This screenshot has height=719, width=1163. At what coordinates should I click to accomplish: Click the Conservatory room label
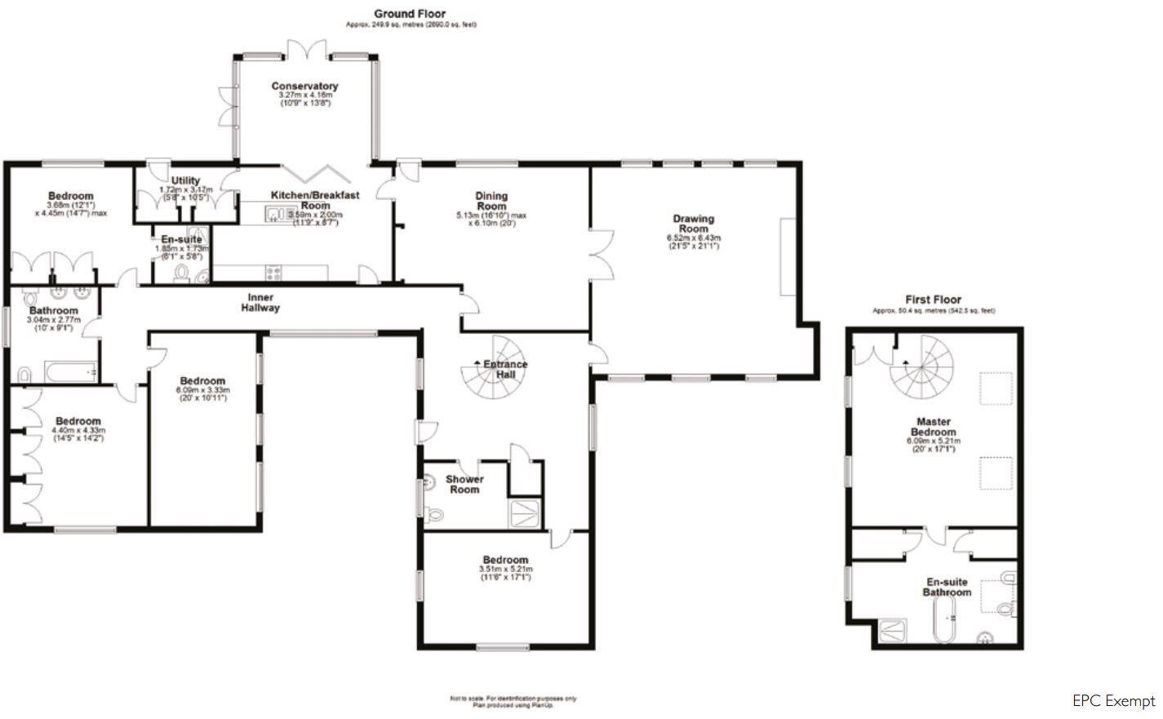304,86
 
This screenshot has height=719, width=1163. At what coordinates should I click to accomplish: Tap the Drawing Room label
693,223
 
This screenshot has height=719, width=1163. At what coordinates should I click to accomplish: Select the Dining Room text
491,201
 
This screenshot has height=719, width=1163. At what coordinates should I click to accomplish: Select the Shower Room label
464,484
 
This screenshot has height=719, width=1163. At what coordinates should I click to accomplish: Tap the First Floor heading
933,300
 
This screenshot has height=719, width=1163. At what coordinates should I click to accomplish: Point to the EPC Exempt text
1113,701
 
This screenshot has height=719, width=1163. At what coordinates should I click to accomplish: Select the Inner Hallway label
260,303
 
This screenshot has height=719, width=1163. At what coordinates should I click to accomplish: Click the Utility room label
185,180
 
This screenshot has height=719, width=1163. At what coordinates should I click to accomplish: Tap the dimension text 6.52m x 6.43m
693,238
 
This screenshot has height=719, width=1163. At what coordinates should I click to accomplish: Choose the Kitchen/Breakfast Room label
315,201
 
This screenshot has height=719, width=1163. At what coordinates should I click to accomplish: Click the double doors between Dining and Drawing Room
601,256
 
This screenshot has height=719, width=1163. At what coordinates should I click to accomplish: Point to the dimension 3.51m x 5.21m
506,569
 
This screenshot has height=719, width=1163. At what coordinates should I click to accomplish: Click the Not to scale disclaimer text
513,701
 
